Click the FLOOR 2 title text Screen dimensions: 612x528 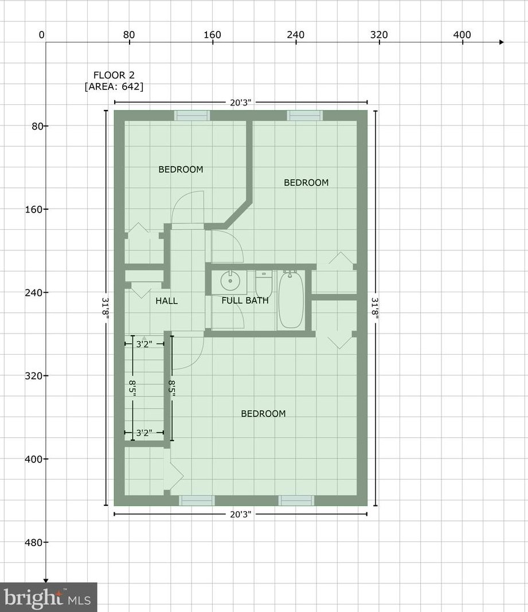(114, 75)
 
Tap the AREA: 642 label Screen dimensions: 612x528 (114, 87)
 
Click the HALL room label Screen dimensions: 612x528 (166, 301)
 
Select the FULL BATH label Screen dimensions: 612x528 (245, 300)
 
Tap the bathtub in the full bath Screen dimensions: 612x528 (291, 300)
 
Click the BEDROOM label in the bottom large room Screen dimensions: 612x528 (263, 414)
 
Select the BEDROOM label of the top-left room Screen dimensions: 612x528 (181, 169)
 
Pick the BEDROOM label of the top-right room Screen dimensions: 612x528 (306, 182)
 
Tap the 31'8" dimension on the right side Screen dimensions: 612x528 (376, 308)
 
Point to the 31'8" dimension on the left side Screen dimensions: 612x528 (105, 308)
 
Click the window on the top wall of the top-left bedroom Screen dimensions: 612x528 (192, 116)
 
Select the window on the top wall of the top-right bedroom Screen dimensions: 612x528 (305, 116)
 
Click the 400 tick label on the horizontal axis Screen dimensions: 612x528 (462, 35)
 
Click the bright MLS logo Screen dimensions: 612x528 (48, 598)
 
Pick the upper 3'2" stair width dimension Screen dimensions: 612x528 (144, 344)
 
